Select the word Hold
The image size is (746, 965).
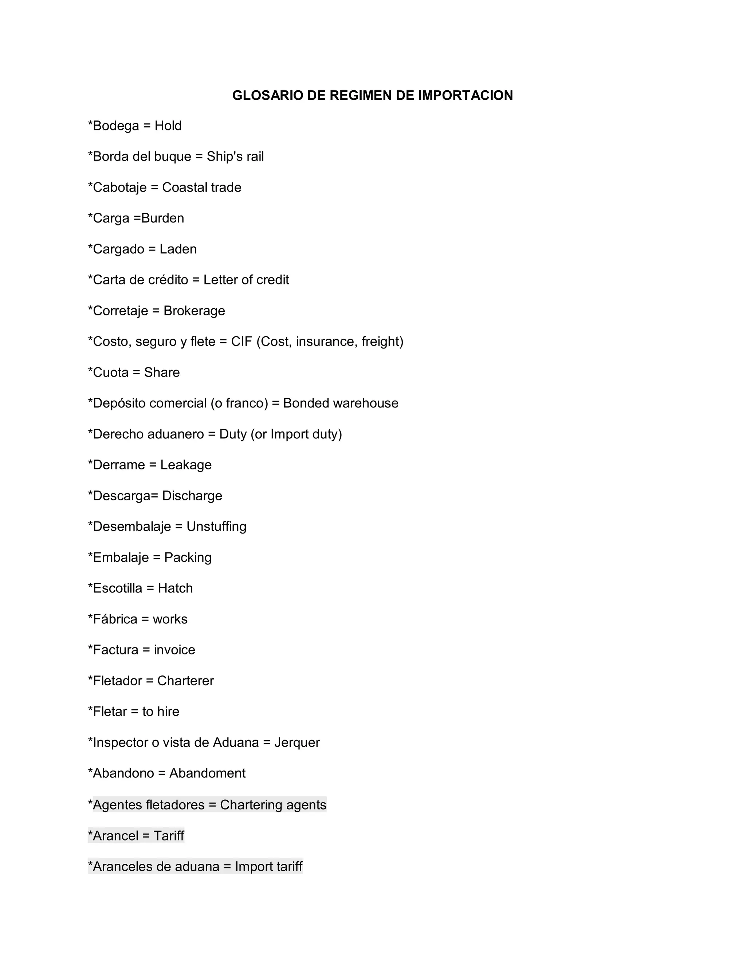168,126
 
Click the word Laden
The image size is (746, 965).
178,249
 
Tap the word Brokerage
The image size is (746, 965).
194,311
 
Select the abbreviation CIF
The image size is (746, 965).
241,342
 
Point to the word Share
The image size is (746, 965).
162,373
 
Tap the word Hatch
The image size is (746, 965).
176,588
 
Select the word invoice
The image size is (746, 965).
174,650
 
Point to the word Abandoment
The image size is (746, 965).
207,773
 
